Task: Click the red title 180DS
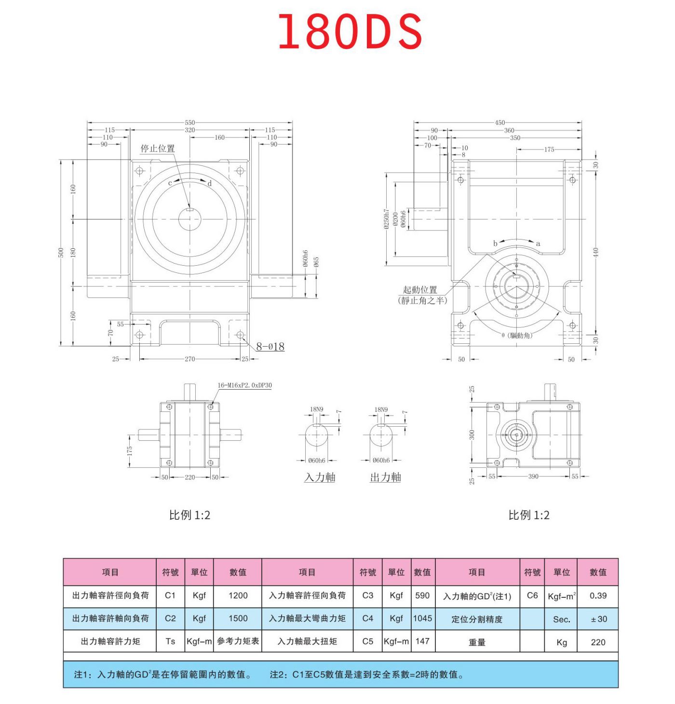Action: coord(350,32)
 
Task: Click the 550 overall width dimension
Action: coord(189,122)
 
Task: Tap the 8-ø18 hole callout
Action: coord(270,346)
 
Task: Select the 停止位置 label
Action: coord(158,149)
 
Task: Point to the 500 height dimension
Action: coord(61,252)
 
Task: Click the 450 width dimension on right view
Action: coord(500,122)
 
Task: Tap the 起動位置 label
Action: coord(420,290)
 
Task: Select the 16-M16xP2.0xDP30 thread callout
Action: coord(244,385)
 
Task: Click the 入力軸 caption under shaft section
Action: coord(320,477)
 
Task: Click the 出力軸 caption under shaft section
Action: coord(385,477)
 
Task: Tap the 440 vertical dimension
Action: coord(595,252)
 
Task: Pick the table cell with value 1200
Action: coord(238,596)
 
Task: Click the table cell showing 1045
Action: coord(422,618)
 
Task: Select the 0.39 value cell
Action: coord(598,596)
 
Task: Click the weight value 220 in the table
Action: coord(598,642)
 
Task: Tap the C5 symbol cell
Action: coord(367,641)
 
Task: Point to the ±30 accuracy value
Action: coord(598,619)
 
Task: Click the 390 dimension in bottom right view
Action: coord(533,476)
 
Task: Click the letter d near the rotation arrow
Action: coord(210,184)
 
